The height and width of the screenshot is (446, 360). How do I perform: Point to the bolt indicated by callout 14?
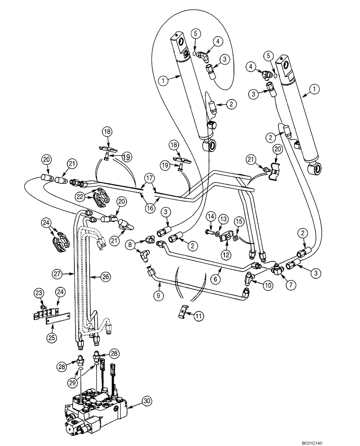pyautogui.click(x=210, y=232)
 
